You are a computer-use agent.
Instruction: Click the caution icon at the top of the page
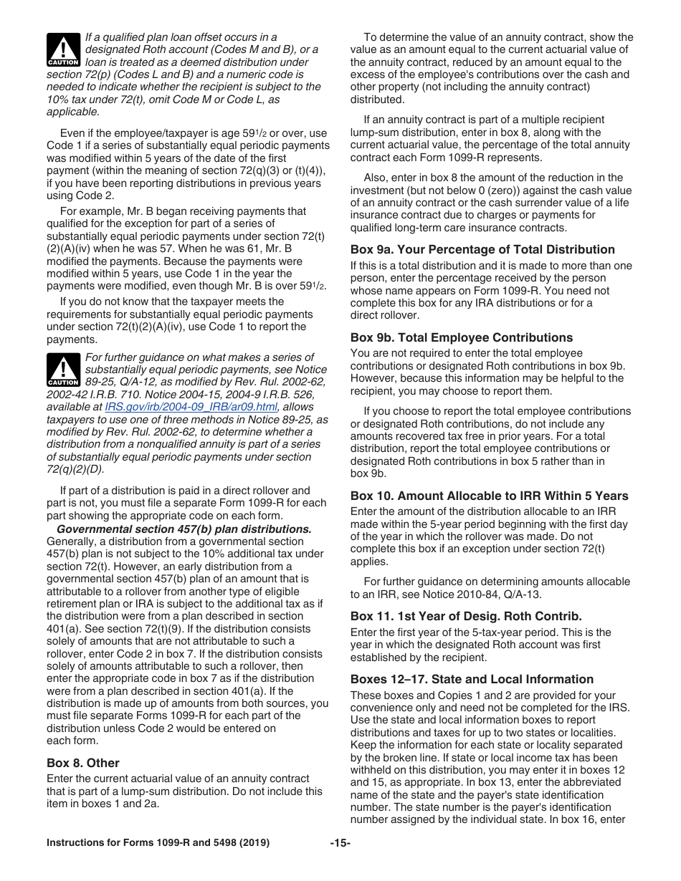(x=63, y=50)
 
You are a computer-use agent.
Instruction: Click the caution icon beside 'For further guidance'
(x=63, y=370)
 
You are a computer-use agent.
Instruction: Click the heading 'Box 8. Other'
(x=83, y=763)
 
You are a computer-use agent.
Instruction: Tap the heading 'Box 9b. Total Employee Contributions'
(x=462, y=337)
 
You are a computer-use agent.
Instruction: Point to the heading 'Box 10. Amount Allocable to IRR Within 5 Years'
(x=489, y=496)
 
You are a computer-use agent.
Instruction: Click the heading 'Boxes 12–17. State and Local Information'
(x=472, y=679)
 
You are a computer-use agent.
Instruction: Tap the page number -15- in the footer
(x=340, y=843)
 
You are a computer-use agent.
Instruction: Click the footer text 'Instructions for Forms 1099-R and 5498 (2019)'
(x=158, y=843)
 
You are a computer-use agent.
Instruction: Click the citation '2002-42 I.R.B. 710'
(x=92, y=394)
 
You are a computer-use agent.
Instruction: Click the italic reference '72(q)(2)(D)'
(x=75, y=470)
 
